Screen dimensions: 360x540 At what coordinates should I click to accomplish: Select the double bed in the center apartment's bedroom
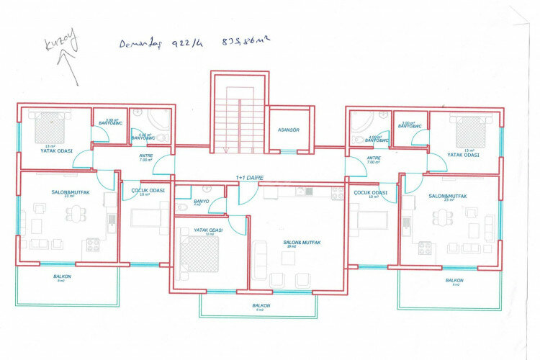[199, 253]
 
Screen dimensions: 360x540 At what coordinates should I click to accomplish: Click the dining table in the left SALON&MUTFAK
[74, 215]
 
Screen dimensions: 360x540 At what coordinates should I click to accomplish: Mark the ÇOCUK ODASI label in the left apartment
[148, 191]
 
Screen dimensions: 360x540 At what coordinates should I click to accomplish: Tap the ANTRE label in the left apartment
[146, 156]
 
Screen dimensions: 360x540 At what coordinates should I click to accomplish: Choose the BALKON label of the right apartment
[454, 280]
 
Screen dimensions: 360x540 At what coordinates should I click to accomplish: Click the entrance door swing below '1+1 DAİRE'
[248, 193]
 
